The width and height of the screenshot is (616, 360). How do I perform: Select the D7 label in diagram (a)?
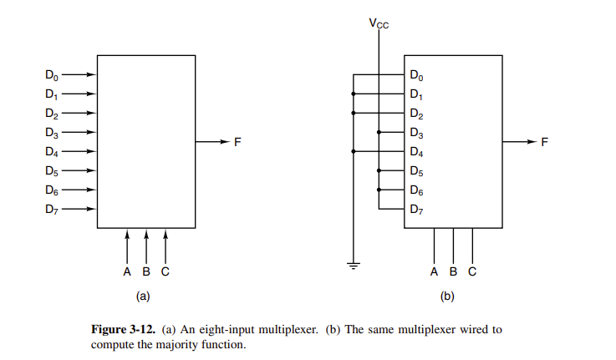pyautogui.click(x=52, y=209)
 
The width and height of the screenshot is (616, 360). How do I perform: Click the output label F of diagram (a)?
pyautogui.click(x=237, y=142)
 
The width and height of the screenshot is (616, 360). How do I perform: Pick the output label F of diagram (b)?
pyautogui.click(x=545, y=142)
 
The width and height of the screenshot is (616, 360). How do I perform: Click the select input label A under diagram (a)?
pyautogui.click(x=127, y=271)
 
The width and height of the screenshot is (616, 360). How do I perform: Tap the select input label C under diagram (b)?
pyautogui.click(x=472, y=271)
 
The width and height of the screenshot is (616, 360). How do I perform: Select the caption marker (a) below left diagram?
pyautogui.click(x=142, y=296)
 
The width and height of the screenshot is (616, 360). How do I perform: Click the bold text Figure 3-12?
pyautogui.click(x=122, y=329)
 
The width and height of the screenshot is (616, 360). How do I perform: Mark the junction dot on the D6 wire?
pyautogui.click(x=379, y=190)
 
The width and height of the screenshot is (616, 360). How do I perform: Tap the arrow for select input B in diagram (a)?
pyautogui.click(x=146, y=246)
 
